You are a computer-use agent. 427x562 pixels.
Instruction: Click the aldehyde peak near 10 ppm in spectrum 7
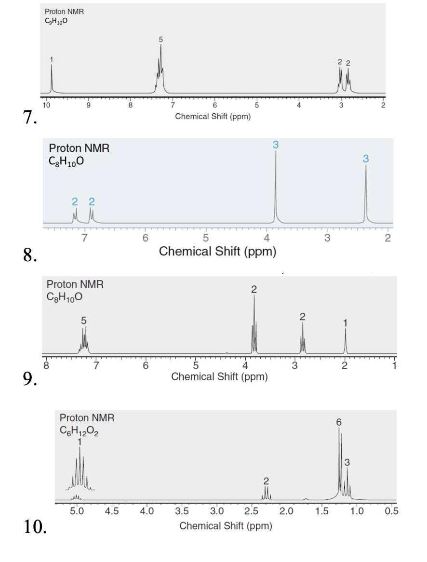point(52,77)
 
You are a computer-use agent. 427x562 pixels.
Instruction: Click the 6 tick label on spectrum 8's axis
point(145,237)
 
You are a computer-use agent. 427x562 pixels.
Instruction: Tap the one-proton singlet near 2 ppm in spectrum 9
point(345,340)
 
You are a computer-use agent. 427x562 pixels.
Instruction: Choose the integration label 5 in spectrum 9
point(84,320)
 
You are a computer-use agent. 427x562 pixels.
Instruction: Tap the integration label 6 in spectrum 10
point(339,422)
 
